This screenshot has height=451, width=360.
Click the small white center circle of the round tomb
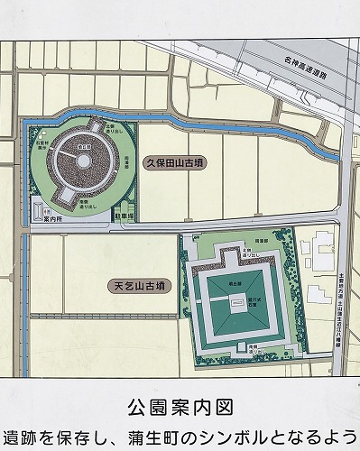82,160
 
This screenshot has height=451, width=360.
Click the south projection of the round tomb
66,195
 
